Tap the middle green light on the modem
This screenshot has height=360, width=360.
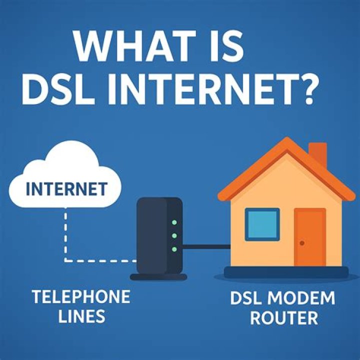(174, 235)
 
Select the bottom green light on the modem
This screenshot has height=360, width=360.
(174, 248)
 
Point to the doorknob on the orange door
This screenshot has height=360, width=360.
(302, 243)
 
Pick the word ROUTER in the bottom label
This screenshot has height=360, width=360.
(284, 317)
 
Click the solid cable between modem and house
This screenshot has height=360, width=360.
(206, 245)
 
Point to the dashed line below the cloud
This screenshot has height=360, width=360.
(65, 235)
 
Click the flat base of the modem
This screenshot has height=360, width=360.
(158, 275)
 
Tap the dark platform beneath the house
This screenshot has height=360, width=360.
(286, 273)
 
